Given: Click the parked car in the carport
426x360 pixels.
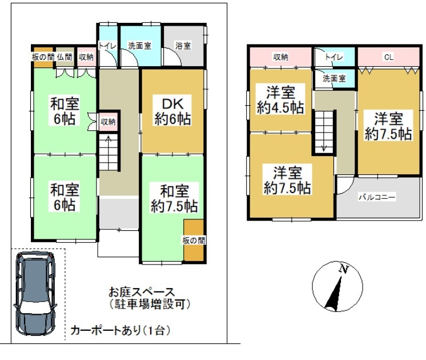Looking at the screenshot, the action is (35, 293).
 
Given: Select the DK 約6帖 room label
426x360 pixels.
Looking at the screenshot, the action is (173, 111).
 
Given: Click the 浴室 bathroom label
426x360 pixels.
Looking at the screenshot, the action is (183, 45).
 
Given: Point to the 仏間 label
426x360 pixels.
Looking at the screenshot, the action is (65, 57).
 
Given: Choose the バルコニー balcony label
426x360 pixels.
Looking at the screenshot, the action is (377, 197).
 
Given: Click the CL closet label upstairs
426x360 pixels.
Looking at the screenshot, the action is (388, 57).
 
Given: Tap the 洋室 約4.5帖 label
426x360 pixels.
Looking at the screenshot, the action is (280, 100).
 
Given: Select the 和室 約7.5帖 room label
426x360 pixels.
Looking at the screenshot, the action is (174, 199).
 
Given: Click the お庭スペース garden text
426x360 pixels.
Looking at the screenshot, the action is (142, 293).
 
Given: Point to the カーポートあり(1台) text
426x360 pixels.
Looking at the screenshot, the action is (120, 331).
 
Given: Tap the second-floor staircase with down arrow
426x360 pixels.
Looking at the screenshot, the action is (324, 132).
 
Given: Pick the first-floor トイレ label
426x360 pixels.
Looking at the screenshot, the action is (107, 46).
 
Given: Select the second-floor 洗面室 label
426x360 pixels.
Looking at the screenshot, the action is (334, 78).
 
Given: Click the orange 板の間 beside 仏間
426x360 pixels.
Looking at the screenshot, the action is (43, 57).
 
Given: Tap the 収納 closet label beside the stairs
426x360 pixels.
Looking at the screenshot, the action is (108, 122).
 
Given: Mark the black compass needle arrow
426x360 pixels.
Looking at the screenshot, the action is (334, 294).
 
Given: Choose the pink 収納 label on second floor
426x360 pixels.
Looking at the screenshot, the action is (280, 57).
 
